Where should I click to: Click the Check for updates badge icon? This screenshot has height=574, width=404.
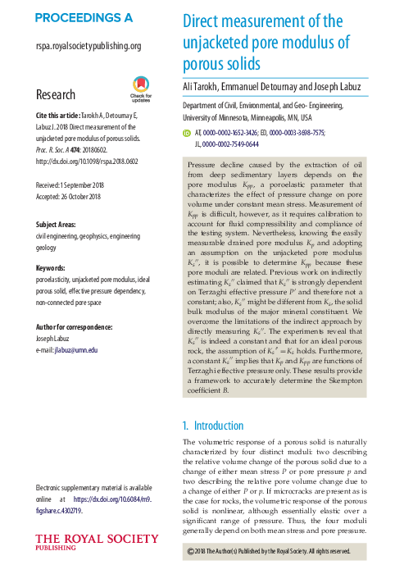140,89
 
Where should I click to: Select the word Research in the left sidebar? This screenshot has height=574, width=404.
57,95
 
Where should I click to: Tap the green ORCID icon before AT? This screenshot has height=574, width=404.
187,130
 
